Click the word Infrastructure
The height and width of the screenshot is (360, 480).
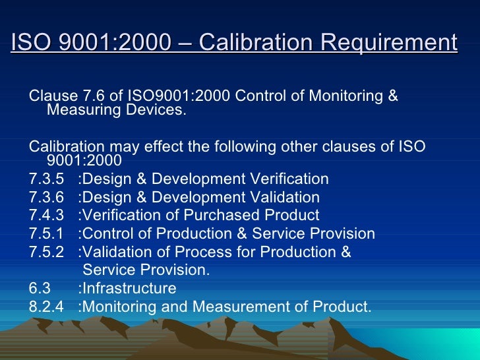(129, 288)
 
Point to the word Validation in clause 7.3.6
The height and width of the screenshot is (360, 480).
(285, 197)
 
